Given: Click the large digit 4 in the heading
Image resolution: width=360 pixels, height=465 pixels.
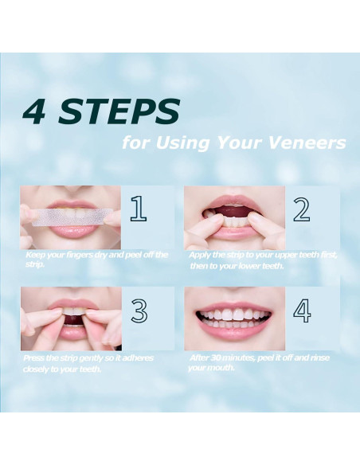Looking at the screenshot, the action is (34, 111).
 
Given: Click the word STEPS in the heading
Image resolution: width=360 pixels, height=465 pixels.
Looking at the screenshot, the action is (119, 111).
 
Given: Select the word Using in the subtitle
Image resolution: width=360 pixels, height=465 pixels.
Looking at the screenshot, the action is (182, 143).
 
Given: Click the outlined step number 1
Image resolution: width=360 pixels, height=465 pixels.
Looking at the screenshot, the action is (139, 209).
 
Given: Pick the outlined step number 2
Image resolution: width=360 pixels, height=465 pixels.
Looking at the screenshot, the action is (302, 209).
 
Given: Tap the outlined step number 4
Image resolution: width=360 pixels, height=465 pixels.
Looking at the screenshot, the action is (302, 311).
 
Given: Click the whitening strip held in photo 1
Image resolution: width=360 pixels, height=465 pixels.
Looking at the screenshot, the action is (72, 217).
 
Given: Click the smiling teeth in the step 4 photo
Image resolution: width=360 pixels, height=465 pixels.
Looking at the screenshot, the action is (233, 318).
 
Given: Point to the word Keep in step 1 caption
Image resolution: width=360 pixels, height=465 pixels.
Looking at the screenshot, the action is (35, 255).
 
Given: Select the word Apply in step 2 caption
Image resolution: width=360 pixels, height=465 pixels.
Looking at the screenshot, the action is (200, 256).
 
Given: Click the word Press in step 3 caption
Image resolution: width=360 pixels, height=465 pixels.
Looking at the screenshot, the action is (34, 358).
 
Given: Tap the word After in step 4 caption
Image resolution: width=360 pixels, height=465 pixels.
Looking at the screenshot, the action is (199, 358).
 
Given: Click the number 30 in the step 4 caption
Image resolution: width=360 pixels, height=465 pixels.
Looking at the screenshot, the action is (216, 358).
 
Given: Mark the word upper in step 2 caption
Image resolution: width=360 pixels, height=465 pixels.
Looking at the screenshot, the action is (284, 256).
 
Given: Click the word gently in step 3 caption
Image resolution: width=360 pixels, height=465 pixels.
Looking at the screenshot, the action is (86, 358).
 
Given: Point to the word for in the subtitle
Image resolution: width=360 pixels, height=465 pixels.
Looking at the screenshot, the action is (135, 143).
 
